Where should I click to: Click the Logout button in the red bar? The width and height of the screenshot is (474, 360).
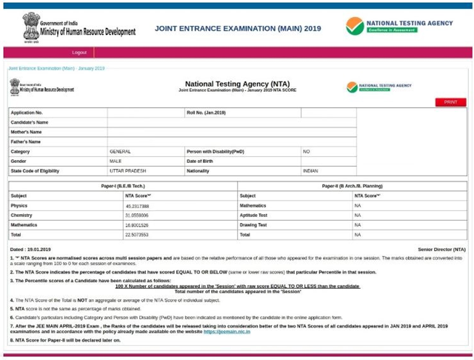point(79,53)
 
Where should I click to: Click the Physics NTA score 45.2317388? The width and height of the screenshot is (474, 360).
point(137,206)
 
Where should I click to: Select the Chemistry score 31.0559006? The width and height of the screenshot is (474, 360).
point(137,216)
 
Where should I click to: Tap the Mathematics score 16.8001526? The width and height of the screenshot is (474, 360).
point(137,225)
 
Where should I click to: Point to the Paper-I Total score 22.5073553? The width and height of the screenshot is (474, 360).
point(136,235)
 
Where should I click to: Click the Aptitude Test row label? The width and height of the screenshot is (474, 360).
point(253,216)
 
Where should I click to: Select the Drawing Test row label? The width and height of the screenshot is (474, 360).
point(253,225)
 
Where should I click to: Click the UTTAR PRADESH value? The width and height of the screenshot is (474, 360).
point(127,171)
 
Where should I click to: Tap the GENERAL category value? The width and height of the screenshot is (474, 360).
point(120,152)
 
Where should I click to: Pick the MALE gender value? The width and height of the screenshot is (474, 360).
point(116,161)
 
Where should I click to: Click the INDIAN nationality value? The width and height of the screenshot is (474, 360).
point(310,171)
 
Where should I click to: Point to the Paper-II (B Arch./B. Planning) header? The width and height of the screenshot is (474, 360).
point(352,186)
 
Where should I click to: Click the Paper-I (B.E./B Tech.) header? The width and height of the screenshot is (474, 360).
point(123,186)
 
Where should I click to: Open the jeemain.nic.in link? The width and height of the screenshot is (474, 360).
point(227,332)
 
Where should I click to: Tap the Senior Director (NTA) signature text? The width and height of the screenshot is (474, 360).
point(441,250)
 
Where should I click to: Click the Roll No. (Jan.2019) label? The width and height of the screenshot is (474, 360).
point(206,113)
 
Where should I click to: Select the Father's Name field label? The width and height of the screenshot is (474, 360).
point(26,142)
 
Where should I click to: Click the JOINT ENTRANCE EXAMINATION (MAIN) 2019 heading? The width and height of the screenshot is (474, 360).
point(238,28)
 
